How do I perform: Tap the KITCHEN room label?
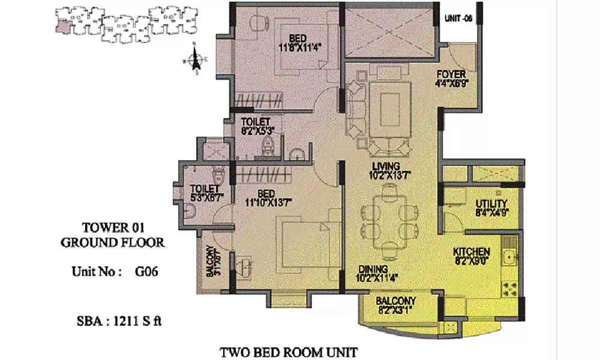471,252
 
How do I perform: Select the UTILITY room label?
491,204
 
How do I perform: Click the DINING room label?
372,269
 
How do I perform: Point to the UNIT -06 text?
458,19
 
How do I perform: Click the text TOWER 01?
113,227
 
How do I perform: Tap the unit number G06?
146,271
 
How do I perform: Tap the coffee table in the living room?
389,110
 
